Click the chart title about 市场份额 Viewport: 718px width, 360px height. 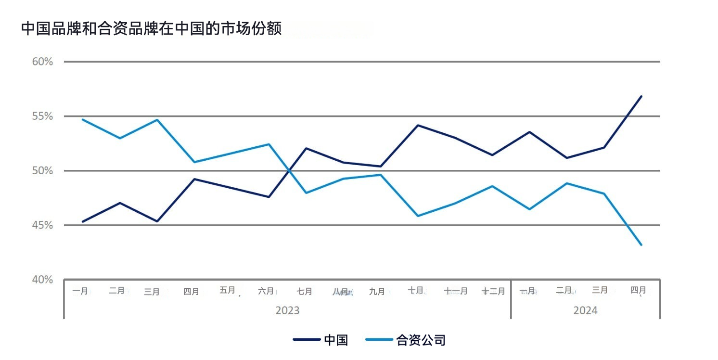151,29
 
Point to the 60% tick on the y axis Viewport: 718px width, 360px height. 43,62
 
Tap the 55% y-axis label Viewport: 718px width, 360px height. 43,116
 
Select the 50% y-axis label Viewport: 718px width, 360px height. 43,171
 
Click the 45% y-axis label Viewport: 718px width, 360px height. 43,225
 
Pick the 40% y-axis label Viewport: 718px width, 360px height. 43,280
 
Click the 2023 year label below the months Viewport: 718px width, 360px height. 287,310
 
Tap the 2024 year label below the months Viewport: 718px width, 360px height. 585,310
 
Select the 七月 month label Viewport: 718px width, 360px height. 304,292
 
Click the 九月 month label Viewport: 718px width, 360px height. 377,292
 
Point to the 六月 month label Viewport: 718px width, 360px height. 266,291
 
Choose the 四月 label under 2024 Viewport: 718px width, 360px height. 638,290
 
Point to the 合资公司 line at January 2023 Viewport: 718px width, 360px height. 83,119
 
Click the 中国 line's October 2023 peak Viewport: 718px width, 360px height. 418,125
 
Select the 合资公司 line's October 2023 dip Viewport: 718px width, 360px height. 418,216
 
